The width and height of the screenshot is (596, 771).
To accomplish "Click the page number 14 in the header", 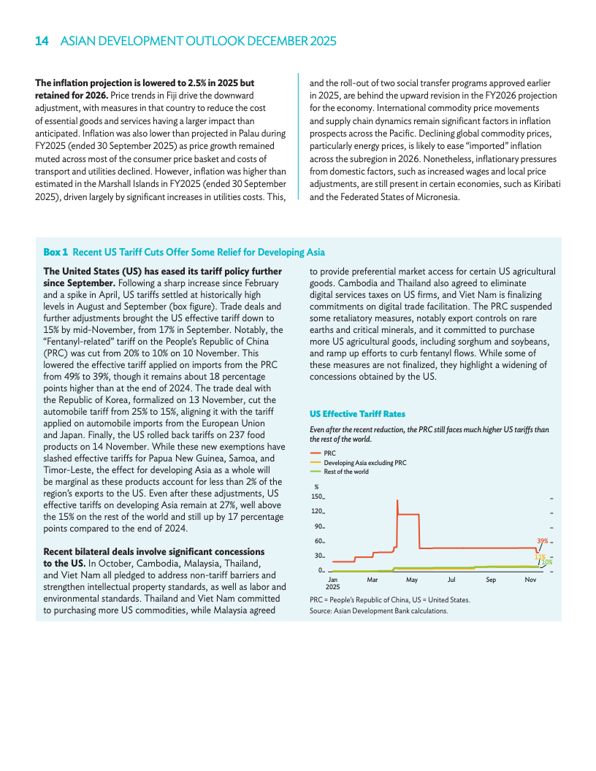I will tap(42, 42).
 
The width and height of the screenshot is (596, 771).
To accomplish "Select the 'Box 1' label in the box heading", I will tap(56, 252).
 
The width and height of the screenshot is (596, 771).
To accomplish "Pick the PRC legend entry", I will tap(329, 453).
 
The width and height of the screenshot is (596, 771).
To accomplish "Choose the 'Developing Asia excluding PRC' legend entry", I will tap(364, 463).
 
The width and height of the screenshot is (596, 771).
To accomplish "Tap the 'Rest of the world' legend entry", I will tap(346, 472).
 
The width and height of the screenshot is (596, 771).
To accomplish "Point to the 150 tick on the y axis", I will tap(317, 496).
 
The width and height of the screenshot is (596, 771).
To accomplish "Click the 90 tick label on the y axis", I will tap(318, 526).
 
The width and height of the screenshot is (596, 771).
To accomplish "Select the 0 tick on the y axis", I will tap(321, 570).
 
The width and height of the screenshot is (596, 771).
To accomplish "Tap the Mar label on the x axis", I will tap(372, 580).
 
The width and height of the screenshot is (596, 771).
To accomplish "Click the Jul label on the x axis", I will tap(451, 580).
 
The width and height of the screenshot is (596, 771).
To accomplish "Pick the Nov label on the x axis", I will tap(530, 580).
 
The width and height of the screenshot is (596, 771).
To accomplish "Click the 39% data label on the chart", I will tap(543, 541).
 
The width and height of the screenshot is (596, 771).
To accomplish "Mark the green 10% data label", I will tap(546, 562).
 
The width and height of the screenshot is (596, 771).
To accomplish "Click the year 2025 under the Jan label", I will tap(333, 587).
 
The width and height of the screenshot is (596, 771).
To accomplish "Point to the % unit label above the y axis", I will tap(316, 486).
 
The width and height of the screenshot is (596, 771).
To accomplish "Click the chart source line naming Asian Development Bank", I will tap(378, 610).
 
